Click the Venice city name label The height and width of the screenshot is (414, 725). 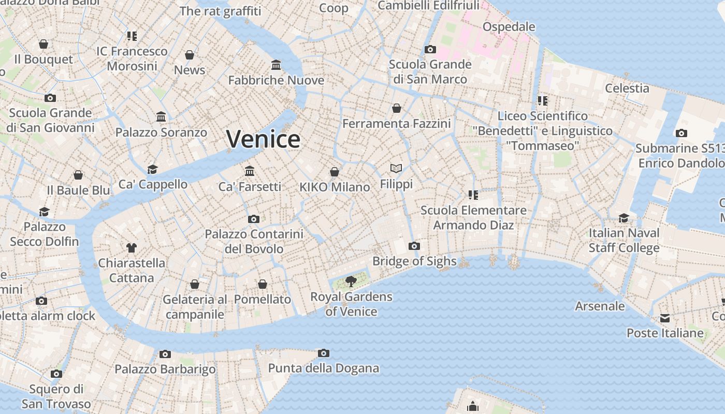[x=263, y=139]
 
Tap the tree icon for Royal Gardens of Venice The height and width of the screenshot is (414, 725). [x=351, y=282]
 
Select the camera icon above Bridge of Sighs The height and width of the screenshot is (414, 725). [x=414, y=246]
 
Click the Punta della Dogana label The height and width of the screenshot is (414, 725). [x=323, y=368]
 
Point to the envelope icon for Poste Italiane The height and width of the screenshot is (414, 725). [x=665, y=318]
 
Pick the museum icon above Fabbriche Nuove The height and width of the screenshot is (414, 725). [x=276, y=65]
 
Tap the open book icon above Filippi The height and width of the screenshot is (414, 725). [x=396, y=169]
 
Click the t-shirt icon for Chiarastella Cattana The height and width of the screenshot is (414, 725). [x=132, y=248]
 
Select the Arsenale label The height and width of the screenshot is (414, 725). [x=600, y=306]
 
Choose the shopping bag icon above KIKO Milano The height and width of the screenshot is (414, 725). [x=335, y=172]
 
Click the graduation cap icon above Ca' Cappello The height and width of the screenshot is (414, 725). [x=152, y=169]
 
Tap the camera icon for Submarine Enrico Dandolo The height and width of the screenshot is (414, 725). [x=682, y=133]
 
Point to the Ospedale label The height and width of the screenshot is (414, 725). [x=509, y=26]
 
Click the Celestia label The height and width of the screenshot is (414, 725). [x=627, y=88]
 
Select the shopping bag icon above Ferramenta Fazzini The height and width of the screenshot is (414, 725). [x=397, y=108]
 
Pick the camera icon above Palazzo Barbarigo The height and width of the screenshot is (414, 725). [x=165, y=354]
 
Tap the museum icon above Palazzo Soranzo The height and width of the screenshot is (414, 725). [x=161, y=117]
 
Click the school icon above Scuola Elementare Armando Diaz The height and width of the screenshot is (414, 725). [x=473, y=195]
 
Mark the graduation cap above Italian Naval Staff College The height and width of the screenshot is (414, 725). [x=624, y=218]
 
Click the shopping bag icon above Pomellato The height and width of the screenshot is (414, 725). [x=263, y=284]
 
